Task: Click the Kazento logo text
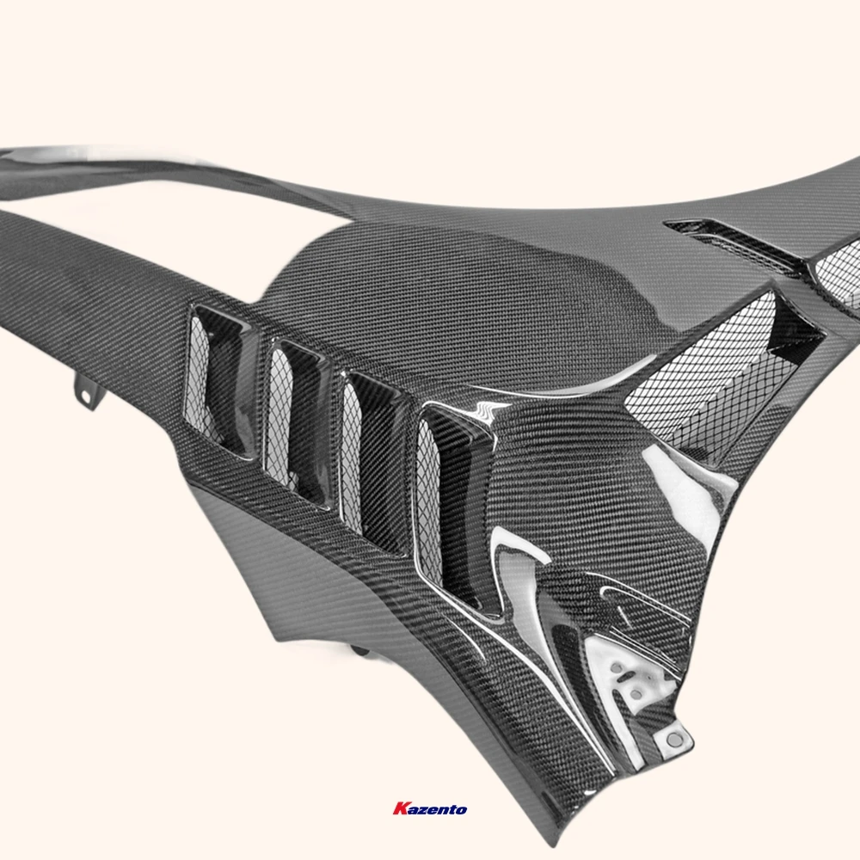[x=430, y=809]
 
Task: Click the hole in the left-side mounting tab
[x=85, y=395]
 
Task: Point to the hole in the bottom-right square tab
[x=675, y=740]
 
